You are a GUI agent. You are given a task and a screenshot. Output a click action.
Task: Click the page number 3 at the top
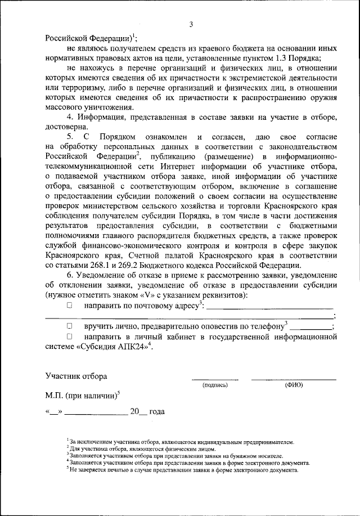pos(191,24)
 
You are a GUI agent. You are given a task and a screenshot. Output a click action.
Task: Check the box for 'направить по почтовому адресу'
pos(70,306)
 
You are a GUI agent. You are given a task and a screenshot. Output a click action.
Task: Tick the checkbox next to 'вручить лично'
pos(70,326)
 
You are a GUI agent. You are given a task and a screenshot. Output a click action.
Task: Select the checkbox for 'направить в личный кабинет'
pos(70,336)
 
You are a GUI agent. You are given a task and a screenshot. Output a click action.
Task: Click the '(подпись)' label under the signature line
pos(215,385)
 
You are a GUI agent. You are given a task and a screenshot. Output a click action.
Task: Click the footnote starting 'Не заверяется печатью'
pos(186,468)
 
